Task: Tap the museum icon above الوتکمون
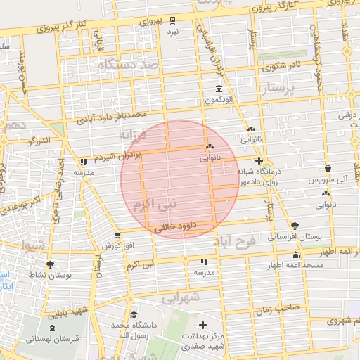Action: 219,91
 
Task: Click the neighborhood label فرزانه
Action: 134,134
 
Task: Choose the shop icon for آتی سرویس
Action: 329,169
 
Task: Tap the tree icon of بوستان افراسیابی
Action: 295,226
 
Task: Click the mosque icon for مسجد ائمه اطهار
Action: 295,255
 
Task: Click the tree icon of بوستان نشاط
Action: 50,264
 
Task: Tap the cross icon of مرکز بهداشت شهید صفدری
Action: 204,325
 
